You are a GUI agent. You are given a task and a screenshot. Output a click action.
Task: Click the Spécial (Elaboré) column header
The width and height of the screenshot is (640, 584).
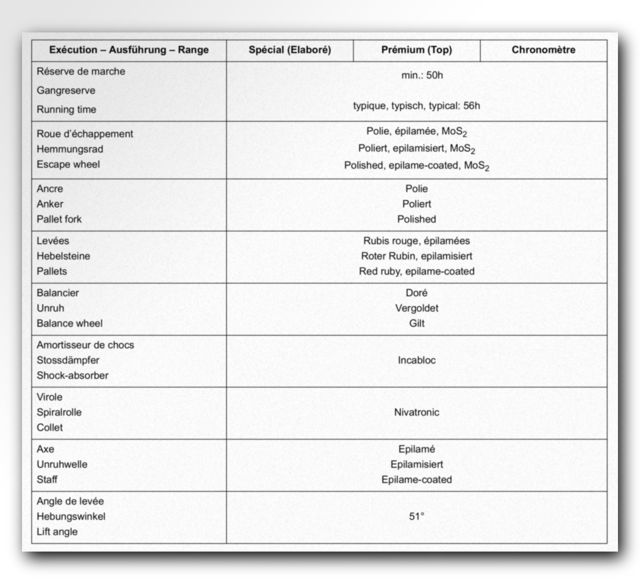click(289, 50)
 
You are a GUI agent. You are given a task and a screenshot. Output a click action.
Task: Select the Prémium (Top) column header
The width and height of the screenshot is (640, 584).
click(416, 50)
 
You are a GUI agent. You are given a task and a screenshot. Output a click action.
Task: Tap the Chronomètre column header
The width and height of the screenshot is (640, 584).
click(543, 50)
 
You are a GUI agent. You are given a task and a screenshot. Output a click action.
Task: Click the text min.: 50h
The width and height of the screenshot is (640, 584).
click(422, 75)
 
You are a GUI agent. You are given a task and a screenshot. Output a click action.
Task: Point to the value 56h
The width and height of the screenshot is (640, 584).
click(471, 106)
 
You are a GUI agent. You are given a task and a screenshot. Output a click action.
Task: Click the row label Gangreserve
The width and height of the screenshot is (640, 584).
click(66, 90)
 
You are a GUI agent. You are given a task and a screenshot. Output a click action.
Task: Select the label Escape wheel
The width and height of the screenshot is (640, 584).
click(68, 165)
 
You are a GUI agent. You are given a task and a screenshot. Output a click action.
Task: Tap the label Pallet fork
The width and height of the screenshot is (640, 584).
click(59, 219)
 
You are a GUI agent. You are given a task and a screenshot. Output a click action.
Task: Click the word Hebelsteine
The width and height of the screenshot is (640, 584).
click(63, 256)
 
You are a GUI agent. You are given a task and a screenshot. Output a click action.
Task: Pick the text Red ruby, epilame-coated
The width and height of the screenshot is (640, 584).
click(416, 272)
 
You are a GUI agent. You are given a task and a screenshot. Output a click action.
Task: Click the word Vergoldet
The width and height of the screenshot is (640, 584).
click(416, 308)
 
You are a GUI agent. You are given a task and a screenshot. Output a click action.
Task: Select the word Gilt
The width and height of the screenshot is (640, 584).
click(416, 323)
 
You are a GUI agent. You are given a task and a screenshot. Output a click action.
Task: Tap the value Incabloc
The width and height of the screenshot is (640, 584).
click(416, 360)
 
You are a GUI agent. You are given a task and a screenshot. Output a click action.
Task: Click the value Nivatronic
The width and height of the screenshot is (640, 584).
click(416, 413)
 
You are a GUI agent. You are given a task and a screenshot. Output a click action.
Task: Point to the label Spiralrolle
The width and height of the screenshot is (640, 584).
click(59, 413)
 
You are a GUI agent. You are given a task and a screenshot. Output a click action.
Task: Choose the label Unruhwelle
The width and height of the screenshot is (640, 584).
click(62, 465)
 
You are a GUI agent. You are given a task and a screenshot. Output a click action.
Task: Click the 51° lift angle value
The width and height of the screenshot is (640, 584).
click(416, 516)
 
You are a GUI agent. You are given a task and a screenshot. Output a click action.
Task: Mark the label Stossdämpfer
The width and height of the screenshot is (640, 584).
click(68, 360)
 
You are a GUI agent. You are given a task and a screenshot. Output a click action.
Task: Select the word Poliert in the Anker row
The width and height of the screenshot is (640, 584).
click(416, 204)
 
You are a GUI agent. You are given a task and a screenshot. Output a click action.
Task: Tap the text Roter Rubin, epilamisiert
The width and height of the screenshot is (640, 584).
click(416, 256)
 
